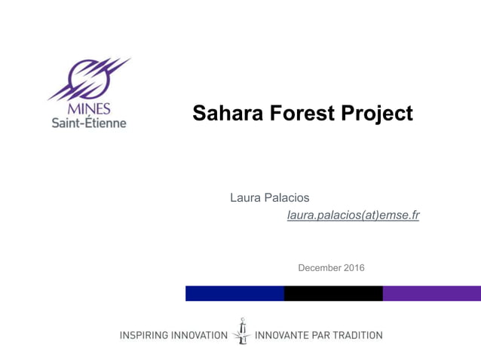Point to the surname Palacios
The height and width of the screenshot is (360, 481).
[286, 197]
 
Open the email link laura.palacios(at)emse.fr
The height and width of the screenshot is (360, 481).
[353, 215]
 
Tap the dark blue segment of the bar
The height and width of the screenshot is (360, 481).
[234, 293]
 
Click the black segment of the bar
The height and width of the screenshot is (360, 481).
[333, 293]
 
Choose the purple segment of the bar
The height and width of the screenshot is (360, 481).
[431, 293]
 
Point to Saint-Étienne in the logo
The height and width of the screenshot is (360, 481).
[89, 122]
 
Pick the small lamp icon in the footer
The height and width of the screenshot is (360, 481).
[242, 331]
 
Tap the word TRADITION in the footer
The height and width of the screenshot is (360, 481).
[355, 335]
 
